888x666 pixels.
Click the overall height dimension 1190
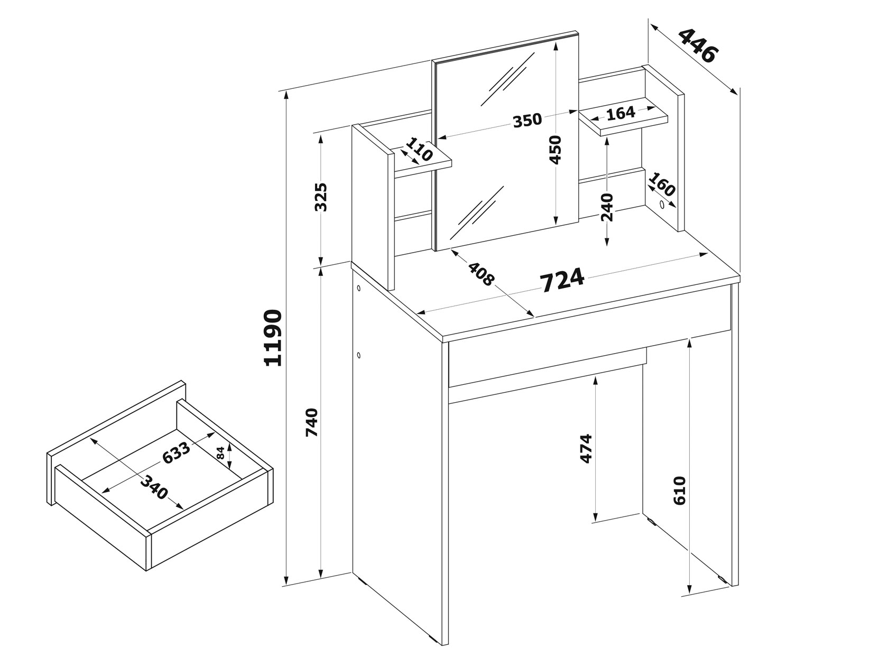point(273,338)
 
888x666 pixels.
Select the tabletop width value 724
point(563,280)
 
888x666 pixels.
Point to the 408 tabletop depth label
point(482,274)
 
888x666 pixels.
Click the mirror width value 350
point(527,120)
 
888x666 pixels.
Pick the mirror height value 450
point(556,150)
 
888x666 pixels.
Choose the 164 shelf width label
point(621,114)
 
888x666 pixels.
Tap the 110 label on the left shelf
point(420,149)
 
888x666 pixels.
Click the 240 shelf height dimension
point(607,207)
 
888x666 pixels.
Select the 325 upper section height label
point(321,197)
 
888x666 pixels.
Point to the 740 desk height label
point(312,422)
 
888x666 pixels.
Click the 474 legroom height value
point(586,448)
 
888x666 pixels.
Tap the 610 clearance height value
point(680,491)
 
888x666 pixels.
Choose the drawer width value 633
point(176,453)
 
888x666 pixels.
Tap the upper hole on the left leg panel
point(358,288)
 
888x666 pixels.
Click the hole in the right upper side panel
point(662,205)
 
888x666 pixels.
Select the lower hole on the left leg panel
point(358,356)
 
